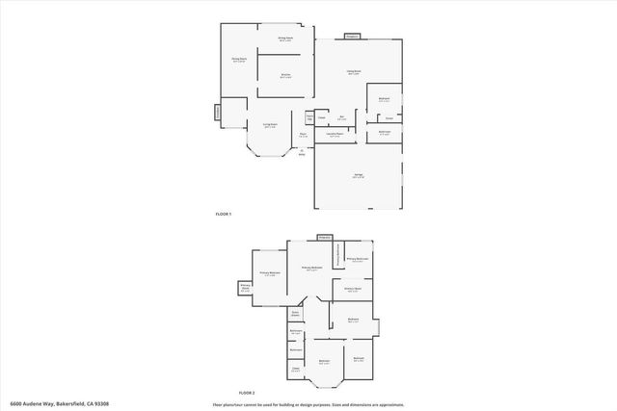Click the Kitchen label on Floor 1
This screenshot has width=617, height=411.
[286, 76]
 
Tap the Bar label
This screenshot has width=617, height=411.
[342, 119]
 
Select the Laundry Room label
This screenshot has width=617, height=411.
[334, 136]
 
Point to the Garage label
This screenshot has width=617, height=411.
[358, 176]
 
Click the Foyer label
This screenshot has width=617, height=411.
[303, 135]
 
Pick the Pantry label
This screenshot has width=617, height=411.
[309, 117]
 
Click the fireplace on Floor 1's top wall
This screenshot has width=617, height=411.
[353, 36]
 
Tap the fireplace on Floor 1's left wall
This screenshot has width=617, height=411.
[217, 113]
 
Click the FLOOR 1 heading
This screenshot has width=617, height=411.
[224, 213]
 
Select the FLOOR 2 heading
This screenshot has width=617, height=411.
[248, 393]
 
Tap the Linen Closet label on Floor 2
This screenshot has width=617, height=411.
[296, 315]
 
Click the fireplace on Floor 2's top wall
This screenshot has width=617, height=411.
[325, 236]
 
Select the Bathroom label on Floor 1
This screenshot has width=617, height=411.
[384, 132]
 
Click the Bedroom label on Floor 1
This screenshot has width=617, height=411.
[384, 100]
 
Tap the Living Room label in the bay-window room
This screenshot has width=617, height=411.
[270, 125]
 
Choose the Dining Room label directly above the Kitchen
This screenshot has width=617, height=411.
[285, 39]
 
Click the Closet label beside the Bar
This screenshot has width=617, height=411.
[322, 117]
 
